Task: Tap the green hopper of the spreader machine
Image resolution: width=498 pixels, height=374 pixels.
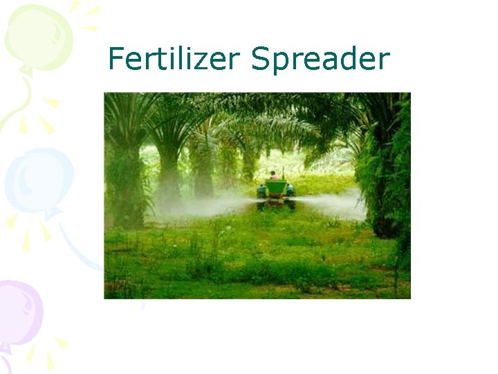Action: point(275,187)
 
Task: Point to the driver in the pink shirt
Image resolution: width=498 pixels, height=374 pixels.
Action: point(274,176)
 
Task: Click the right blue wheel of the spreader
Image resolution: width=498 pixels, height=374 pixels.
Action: point(290,190)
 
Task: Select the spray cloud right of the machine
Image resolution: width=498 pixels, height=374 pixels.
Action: point(332,204)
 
